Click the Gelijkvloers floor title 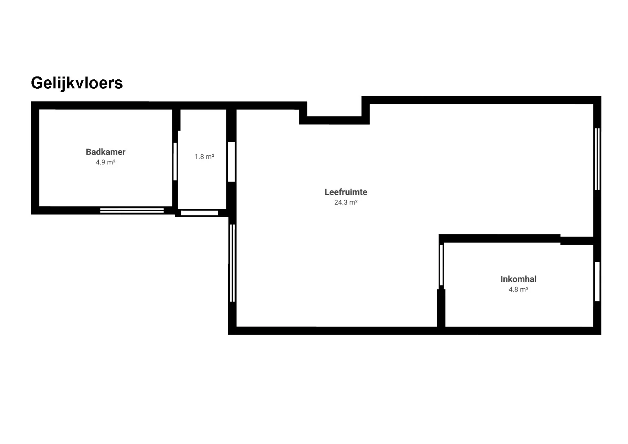(77, 83)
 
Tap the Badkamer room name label (106, 152)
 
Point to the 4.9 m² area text (106, 162)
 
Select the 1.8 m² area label (204, 157)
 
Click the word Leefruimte (346, 192)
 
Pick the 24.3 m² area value (346, 202)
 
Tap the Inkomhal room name (518, 279)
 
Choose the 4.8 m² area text (518, 289)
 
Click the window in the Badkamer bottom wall (132, 210)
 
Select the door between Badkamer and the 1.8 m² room (175, 162)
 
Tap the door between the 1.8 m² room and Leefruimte (231, 162)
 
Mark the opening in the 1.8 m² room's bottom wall (199, 213)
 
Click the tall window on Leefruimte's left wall (232, 263)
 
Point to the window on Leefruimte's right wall (597, 159)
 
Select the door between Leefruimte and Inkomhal (441, 265)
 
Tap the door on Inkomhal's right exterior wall (597, 282)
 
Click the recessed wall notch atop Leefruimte (334, 120)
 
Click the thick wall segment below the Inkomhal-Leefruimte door (441, 308)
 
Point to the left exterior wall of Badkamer (35, 158)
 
